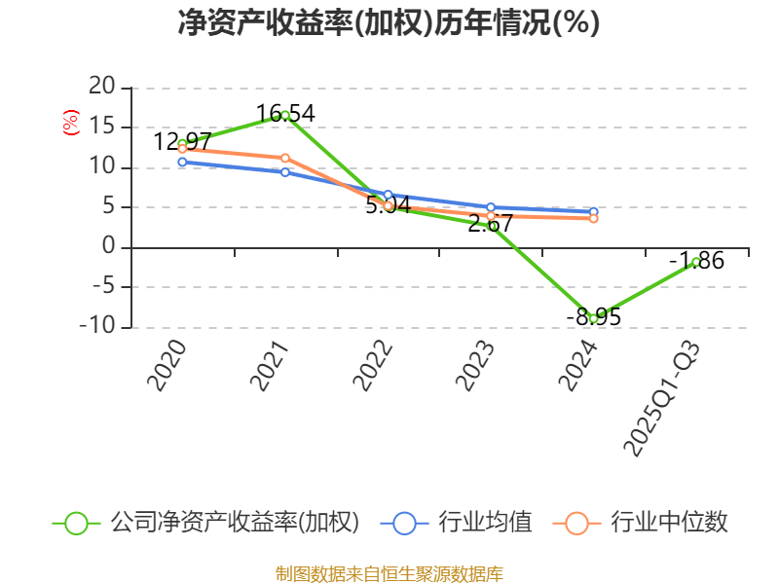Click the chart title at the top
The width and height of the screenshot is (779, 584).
coord(389,23)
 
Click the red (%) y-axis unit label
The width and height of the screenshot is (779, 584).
coord(70,123)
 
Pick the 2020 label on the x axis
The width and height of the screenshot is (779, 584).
coord(166,366)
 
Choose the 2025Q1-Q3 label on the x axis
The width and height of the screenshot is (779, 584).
coord(662,399)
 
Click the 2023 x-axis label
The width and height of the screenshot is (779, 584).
coord(475,366)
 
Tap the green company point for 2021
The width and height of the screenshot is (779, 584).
coord(284,115)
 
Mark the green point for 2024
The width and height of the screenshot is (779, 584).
coord(593,318)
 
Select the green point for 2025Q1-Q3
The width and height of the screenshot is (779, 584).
coord(696,261)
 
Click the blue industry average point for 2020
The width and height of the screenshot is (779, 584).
coord(182,162)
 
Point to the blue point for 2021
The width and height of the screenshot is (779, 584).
coord(284,171)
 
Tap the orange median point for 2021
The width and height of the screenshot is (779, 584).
coord(284,158)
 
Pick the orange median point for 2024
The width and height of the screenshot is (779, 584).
coord(593,218)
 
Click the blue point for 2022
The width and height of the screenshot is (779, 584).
coord(388,195)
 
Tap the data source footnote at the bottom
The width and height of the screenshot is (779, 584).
coord(389,573)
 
